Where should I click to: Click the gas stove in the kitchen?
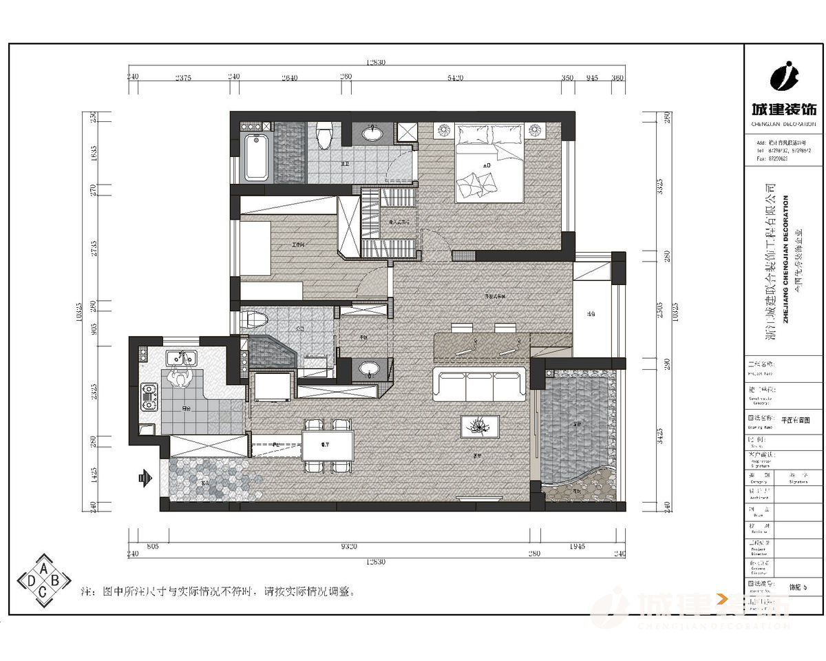pos(149,397)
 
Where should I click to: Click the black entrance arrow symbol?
pos(145,476)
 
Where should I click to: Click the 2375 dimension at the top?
pos(182,78)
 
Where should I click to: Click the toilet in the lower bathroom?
pos(254,320)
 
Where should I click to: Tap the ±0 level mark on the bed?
pos(487,166)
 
